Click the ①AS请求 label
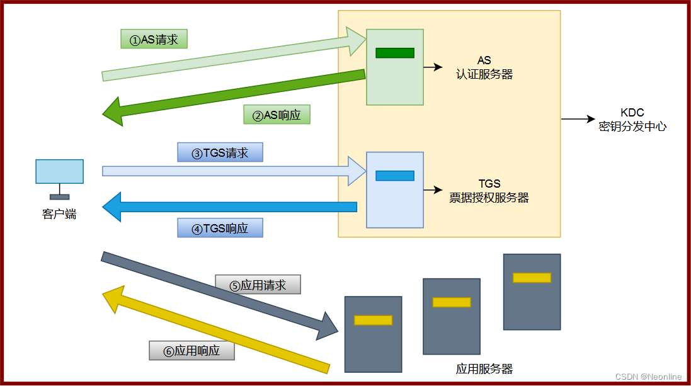[154, 40]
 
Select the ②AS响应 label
[277, 115]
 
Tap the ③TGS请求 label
[220, 153]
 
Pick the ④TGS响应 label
[220, 228]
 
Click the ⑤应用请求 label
[258, 285]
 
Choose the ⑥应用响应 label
[191, 351]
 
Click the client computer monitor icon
[59, 172]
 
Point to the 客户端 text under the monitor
[59, 214]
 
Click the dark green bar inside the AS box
[395, 53]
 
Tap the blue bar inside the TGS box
[395, 176]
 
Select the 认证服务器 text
[484, 74]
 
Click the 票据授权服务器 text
[489, 198]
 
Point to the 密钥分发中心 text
[632, 126]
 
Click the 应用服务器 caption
[484, 369]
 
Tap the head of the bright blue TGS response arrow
[112, 207]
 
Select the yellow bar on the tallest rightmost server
[532, 278]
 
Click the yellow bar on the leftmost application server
[373, 320]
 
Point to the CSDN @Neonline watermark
[648, 377]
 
